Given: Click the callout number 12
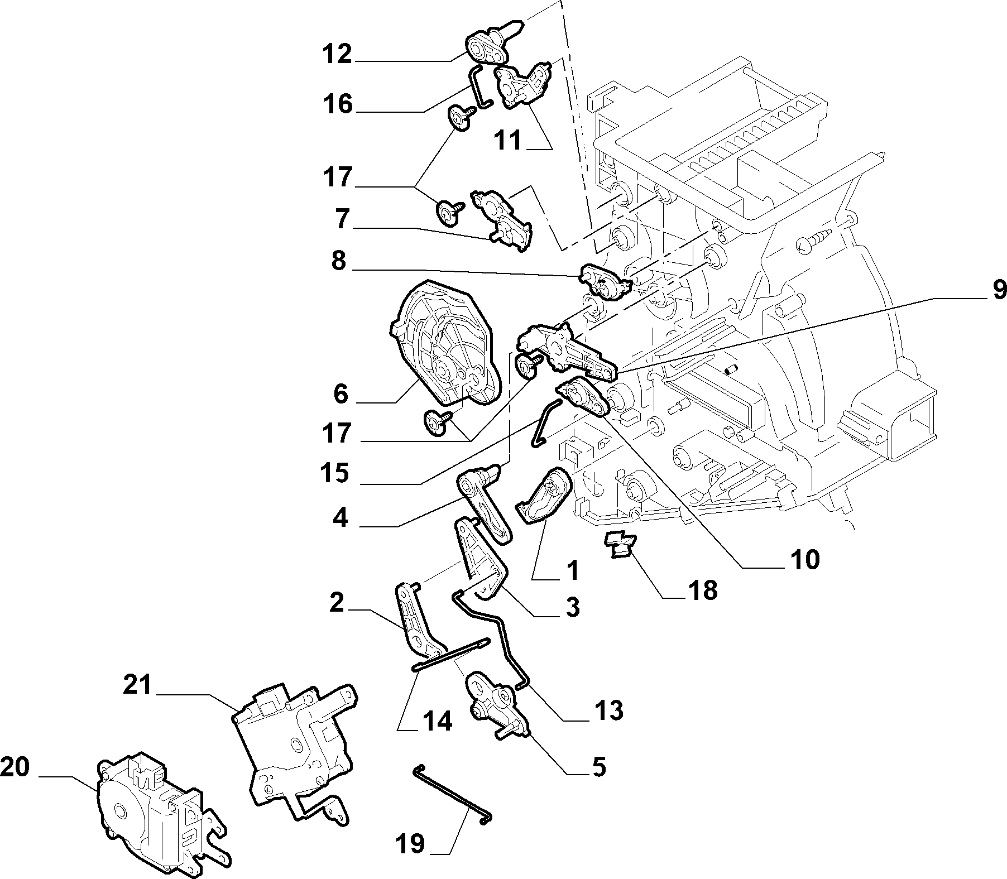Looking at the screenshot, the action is click(337, 55).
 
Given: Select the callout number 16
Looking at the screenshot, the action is click(338, 104).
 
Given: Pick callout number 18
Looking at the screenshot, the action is click(702, 589).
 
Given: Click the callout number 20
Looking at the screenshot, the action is click(15, 767).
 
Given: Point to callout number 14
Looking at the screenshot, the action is click(437, 722).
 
